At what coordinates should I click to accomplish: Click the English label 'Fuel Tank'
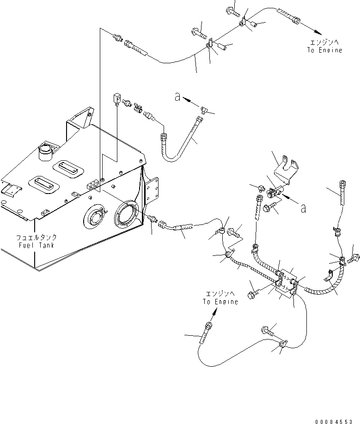pyautogui.click(x=36, y=245)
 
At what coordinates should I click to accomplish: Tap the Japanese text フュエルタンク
pyautogui.click(x=36, y=237)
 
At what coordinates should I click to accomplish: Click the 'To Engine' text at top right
pyautogui.click(x=324, y=50)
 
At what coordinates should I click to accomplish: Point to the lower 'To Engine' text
pyautogui.click(x=220, y=302)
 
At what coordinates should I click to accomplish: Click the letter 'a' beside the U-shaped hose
pyautogui.click(x=177, y=97)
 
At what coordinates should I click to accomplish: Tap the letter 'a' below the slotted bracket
pyautogui.click(x=303, y=208)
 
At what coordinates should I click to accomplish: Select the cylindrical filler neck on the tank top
pyautogui.click(x=46, y=151)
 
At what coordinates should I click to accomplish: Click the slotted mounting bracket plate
pyautogui.click(x=284, y=171)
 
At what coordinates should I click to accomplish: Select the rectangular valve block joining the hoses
pyautogui.click(x=287, y=281)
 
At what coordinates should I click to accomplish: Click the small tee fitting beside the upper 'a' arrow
pyautogui.click(x=206, y=109)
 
